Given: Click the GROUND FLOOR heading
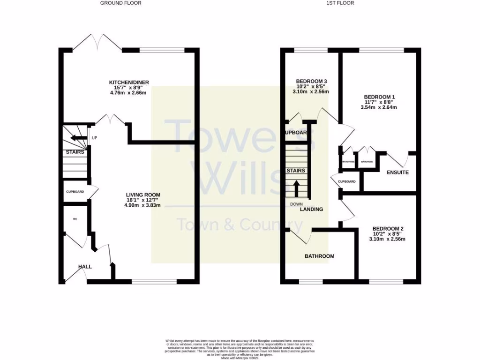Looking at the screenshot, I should [x=121, y=3].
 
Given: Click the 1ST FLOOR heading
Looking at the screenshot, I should [x=340, y=3].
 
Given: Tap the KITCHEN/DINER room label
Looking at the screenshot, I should [x=128, y=82].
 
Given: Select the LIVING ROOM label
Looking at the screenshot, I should [x=143, y=195].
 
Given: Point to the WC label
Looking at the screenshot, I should [x=75, y=219].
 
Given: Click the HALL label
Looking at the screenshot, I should [x=85, y=267].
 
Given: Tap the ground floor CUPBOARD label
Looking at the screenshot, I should [x=75, y=192].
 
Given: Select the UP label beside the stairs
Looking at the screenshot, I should [x=94, y=138].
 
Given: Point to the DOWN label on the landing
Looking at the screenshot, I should [x=296, y=204].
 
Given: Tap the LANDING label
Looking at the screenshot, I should [x=312, y=210].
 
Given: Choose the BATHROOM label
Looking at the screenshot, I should [x=320, y=256].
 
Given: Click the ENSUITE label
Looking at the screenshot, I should [x=397, y=172].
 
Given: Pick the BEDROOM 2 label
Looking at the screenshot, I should [x=388, y=229].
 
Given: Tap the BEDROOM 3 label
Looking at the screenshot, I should [x=311, y=81].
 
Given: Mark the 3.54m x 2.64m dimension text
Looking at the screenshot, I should [x=378, y=107].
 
